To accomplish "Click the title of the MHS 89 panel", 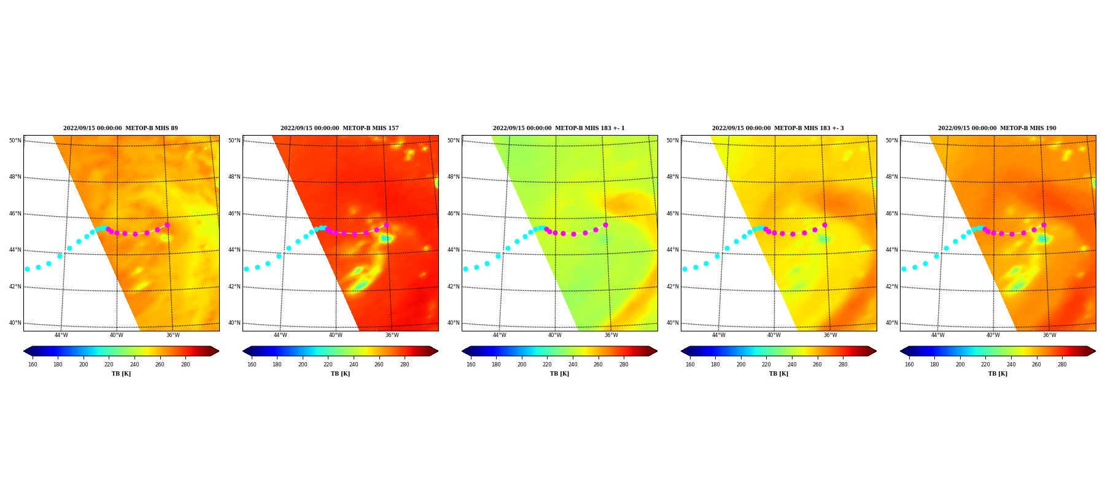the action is pyautogui.click(x=120, y=128).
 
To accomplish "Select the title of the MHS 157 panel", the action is pyautogui.click(x=339, y=128).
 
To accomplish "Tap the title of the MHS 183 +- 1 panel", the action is pyautogui.click(x=559, y=128).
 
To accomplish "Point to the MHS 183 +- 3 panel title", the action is pyautogui.click(x=778, y=128).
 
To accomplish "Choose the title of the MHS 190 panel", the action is pyautogui.click(x=997, y=128).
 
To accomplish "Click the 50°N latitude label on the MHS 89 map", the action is pyautogui.click(x=15, y=141).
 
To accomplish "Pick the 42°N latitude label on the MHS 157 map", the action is pyautogui.click(x=234, y=287).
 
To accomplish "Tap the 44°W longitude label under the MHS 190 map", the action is pyautogui.click(x=937, y=335).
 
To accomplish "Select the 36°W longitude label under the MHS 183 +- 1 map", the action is pyautogui.click(x=611, y=335).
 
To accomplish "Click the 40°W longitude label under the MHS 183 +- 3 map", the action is pyautogui.click(x=773, y=335).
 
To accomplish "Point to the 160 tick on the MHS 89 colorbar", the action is pyautogui.click(x=33, y=365).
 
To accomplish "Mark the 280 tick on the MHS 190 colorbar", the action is pyautogui.click(x=1062, y=365).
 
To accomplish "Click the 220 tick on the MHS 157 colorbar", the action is pyautogui.click(x=328, y=365).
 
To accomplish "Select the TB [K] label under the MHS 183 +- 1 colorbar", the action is pyautogui.click(x=559, y=374).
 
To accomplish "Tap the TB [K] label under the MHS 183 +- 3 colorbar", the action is pyautogui.click(x=778, y=374).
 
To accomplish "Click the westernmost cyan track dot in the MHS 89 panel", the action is pyautogui.click(x=27, y=269).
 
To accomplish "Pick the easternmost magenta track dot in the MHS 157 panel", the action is pyautogui.click(x=386, y=225).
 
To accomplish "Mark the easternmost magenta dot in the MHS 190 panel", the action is pyautogui.click(x=1044, y=225).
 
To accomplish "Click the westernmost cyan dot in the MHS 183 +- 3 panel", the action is pyautogui.click(x=684, y=269).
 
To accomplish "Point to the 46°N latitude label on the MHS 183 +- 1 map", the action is pyautogui.click(x=453, y=214).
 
